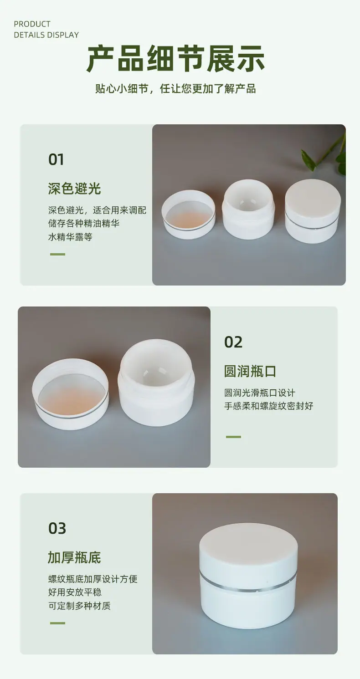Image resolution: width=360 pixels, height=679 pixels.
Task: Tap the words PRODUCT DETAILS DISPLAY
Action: click(46, 30)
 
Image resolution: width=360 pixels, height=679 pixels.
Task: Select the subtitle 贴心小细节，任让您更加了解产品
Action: click(175, 88)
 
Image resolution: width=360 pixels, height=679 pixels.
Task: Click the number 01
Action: click(56, 159)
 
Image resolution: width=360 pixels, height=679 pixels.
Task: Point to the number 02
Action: click(233, 342)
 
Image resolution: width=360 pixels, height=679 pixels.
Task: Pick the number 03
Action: click(57, 528)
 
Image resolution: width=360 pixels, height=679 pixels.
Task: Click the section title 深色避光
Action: click(74, 189)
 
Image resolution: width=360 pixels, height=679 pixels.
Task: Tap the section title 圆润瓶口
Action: click(250, 371)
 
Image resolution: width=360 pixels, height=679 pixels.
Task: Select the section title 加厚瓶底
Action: click(74, 557)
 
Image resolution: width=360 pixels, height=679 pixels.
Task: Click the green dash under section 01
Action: click(57, 254)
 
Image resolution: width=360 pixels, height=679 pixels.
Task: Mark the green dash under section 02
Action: click(233, 437)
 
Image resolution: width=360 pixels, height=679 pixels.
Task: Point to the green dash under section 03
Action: click(57, 623)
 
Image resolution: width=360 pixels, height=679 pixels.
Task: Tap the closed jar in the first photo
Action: click(313, 211)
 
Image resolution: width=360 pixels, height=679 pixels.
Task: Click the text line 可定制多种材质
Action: click(79, 606)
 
